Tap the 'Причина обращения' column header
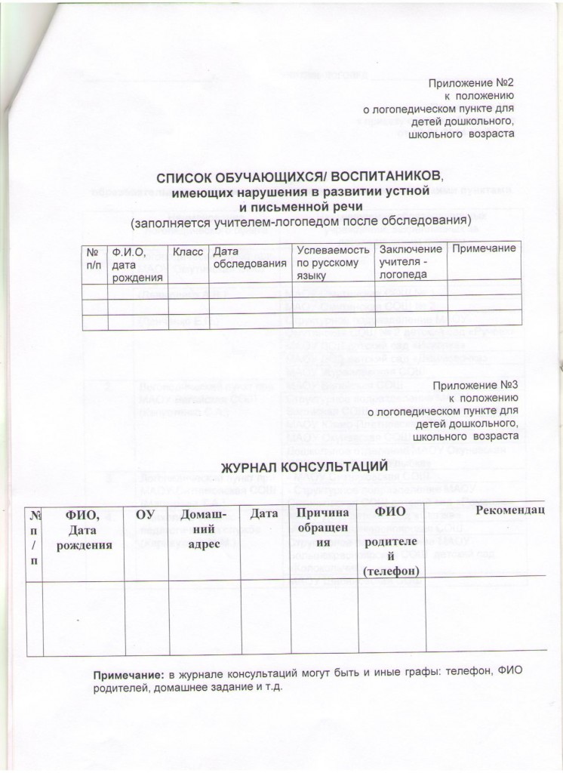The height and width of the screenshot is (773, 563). [x=323, y=528]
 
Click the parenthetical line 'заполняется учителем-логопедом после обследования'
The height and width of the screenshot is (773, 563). [x=300, y=223]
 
